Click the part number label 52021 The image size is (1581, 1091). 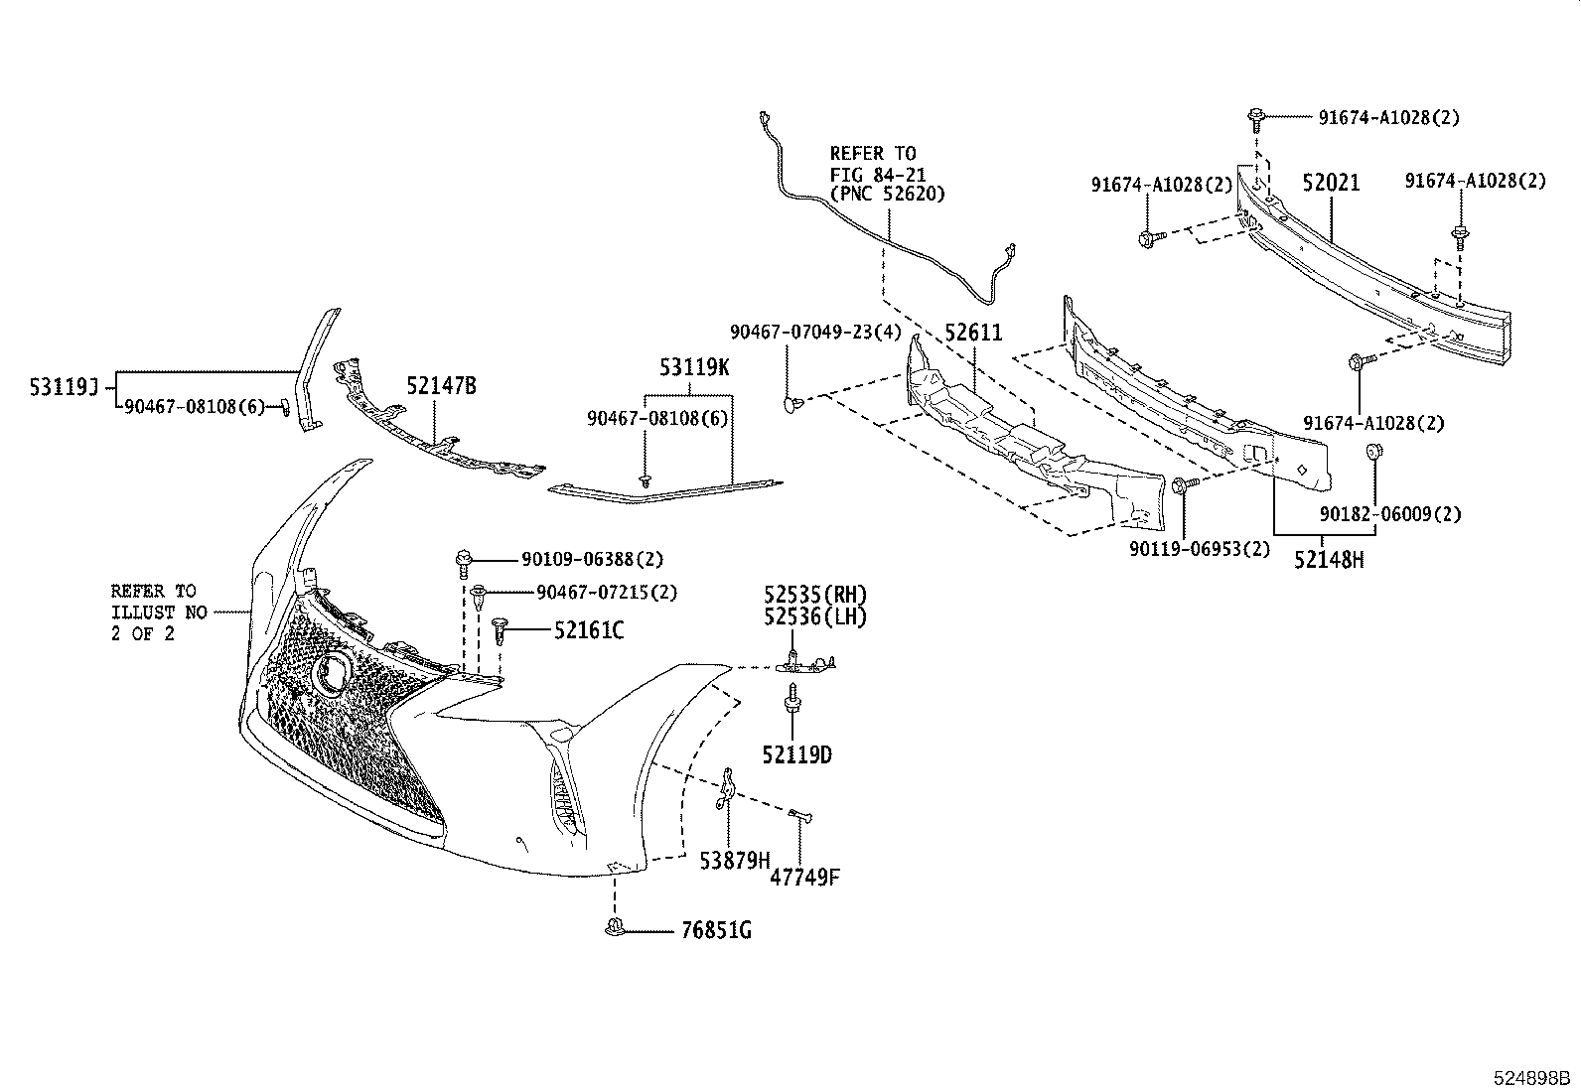coord(1331,183)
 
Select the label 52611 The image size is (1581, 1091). coord(973,334)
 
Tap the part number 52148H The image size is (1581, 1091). coord(1329,560)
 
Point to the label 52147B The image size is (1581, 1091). coord(441,386)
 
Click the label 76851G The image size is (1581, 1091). coord(716,931)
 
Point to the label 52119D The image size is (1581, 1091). coord(797,755)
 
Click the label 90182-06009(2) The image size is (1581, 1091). coord(1390,514)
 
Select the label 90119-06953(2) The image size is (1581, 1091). coord(1199,548)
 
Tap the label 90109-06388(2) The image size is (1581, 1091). coord(593,560)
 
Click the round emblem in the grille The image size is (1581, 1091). coord(332,673)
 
